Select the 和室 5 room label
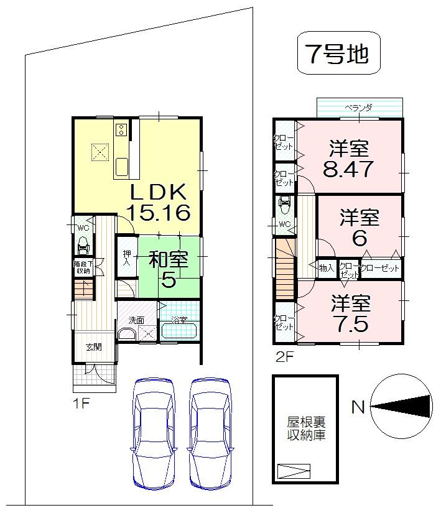coord(168,269)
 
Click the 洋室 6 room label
coord(359,228)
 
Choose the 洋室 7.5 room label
coord(350,314)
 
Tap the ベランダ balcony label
coord(359,108)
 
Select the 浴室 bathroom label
coord(179,320)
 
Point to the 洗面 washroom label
coord(136,320)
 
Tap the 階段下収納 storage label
coord(82,267)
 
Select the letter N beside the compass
coord(357,407)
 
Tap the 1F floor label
coord(81,402)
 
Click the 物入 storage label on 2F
coord(327,268)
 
